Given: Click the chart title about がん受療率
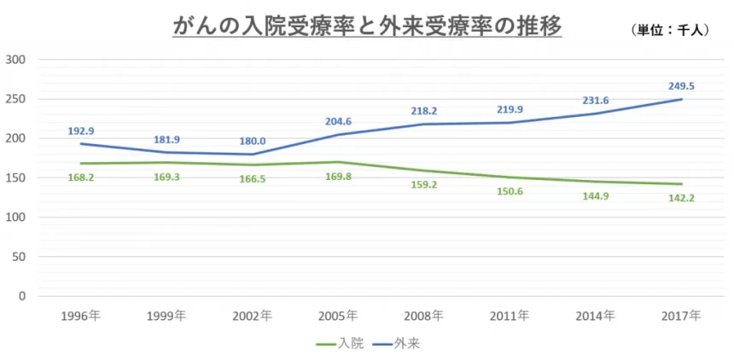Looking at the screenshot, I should click(x=367, y=27).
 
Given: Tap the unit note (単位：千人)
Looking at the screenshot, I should click(x=670, y=30).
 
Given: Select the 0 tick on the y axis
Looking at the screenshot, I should click(x=20, y=296).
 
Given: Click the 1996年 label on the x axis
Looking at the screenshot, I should click(x=80, y=316).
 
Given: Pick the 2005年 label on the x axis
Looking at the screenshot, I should click(x=338, y=316).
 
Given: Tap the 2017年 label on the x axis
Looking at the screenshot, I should click(x=681, y=316).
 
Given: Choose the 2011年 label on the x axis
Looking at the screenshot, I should click(x=510, y=316).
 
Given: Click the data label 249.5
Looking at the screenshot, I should click(x=681, y=86).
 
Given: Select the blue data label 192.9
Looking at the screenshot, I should click(x=81, y=131).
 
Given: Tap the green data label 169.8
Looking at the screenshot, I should click(x=338, y=177).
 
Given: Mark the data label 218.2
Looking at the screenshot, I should click(x=424, y=111).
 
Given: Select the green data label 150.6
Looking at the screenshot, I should click(x=510, y=192).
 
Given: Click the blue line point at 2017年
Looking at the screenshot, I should click(x=681, y=99).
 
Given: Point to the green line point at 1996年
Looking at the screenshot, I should click(x=81, y=164).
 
